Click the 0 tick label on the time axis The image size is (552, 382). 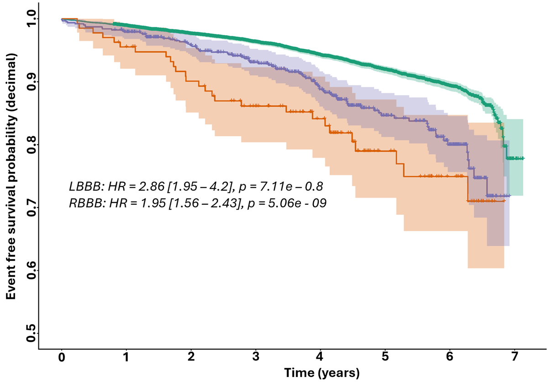tap(62, 357)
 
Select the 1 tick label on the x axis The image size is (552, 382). tap(126, 357)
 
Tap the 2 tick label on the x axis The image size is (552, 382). tap(191, 357)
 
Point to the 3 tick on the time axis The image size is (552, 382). tap(256, 357)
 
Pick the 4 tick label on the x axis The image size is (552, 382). tap(321, 357)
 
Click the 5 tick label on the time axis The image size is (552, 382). tap(385, 357)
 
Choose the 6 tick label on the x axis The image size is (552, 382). tap(450, 357)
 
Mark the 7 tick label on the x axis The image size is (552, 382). tap(515, 357)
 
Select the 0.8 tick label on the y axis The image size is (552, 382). tap(31, 145)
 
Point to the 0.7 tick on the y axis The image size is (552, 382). tap(31, 208)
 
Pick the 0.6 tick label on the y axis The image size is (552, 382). tap(31, 271)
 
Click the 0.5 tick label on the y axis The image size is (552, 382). tap(31, 333)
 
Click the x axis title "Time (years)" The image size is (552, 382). tap(322, 373)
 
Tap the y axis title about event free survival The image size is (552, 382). tap(11, 176)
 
